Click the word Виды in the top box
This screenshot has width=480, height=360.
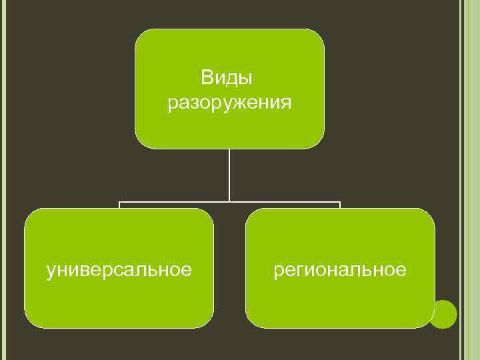tap(227, 79)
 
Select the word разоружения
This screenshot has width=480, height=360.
tap(229, 104)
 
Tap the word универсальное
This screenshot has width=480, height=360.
tap(119, 270)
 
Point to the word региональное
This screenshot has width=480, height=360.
tap(340, 270)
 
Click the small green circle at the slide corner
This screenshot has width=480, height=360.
tap(443, 313)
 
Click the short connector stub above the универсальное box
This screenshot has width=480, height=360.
tap(119, 205)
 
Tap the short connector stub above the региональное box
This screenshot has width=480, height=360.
tap(340, 205)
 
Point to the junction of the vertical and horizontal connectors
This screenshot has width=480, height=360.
tap(230, 201)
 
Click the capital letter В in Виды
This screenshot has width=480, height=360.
tap(206, 79)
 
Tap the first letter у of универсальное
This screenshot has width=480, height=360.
tap(51, 271)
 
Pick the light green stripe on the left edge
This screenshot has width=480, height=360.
tap(3, 180)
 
